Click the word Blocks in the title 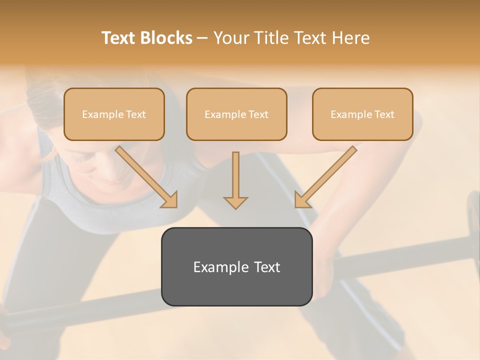point(165,38)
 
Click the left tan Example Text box point(114,114)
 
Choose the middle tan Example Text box point(236,114)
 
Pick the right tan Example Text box point(362,114)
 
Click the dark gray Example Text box point(236,266)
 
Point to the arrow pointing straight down point(235,180)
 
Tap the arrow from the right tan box point(325,177)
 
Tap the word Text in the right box point(384,114)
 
